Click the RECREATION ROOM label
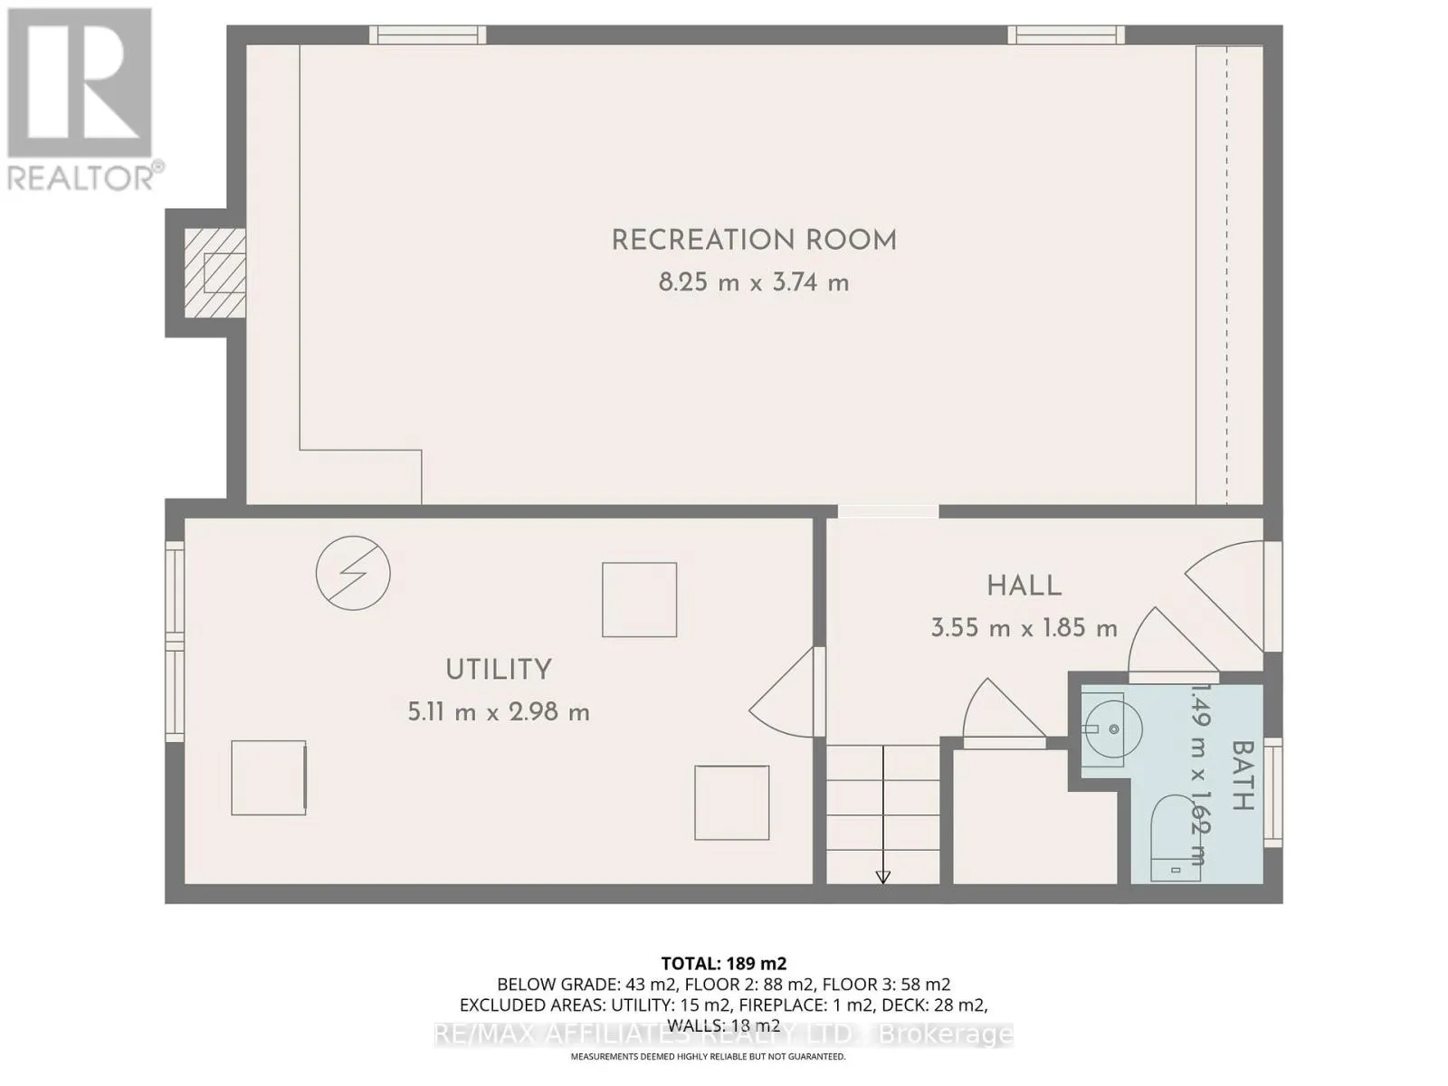[x=754, y=241]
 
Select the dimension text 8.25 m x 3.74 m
[x=754, y=282]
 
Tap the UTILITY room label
[x=499, y=670]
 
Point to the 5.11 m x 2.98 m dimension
[x=499, y=711]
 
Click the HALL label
[x=1024, y=586]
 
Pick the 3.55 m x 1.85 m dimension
[x=1024, y=627]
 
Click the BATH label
[x=1243, y=776]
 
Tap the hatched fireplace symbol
[x=215, y=272]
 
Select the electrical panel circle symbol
[x=353, y=573]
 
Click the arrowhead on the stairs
[x=883, y=877]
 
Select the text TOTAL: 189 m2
[x=724, y=964]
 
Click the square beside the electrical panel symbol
[x=640, y=599]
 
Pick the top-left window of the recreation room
[x=427, y=35]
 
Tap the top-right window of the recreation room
[x=1067, y=35]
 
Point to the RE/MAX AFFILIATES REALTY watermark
[x=724, y=1034]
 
